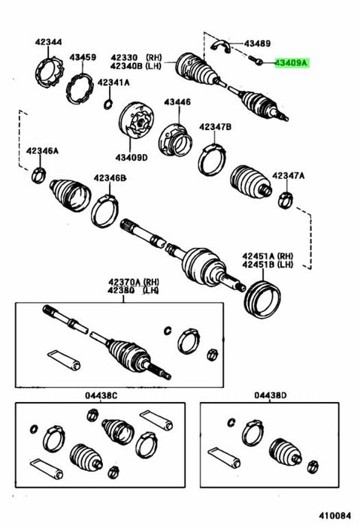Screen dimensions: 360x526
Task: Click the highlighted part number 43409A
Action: tap(292, 62)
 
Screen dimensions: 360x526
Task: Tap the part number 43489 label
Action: tap(257, 44)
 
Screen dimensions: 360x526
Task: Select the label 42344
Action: tap(48, 42)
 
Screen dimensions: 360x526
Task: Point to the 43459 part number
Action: tap(83, 57)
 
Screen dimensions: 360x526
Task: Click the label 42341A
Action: tap(113, 83)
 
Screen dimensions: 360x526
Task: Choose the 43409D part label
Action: tap(132, 157)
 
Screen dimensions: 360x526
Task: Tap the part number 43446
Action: tap(177, 101)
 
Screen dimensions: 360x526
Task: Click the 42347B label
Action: tap(215, 126)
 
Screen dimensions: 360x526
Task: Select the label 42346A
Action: tap(42, 150)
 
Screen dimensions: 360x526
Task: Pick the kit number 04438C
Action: tap(101, 395)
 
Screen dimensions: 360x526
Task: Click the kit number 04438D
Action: tap(271, 395)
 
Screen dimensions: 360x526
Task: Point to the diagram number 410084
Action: tap(334, 515)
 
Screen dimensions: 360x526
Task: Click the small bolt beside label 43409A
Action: tap(256, 60)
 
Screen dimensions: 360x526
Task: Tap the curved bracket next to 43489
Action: tap(221, 46)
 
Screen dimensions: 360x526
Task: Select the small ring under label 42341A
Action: tap(108, 104)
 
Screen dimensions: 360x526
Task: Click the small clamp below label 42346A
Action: tap(39, 175)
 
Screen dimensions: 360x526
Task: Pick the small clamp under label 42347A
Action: tap(285, 199)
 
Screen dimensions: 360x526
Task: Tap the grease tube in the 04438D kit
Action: tap(224, 458)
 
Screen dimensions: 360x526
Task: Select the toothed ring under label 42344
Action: tap(50, 73)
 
